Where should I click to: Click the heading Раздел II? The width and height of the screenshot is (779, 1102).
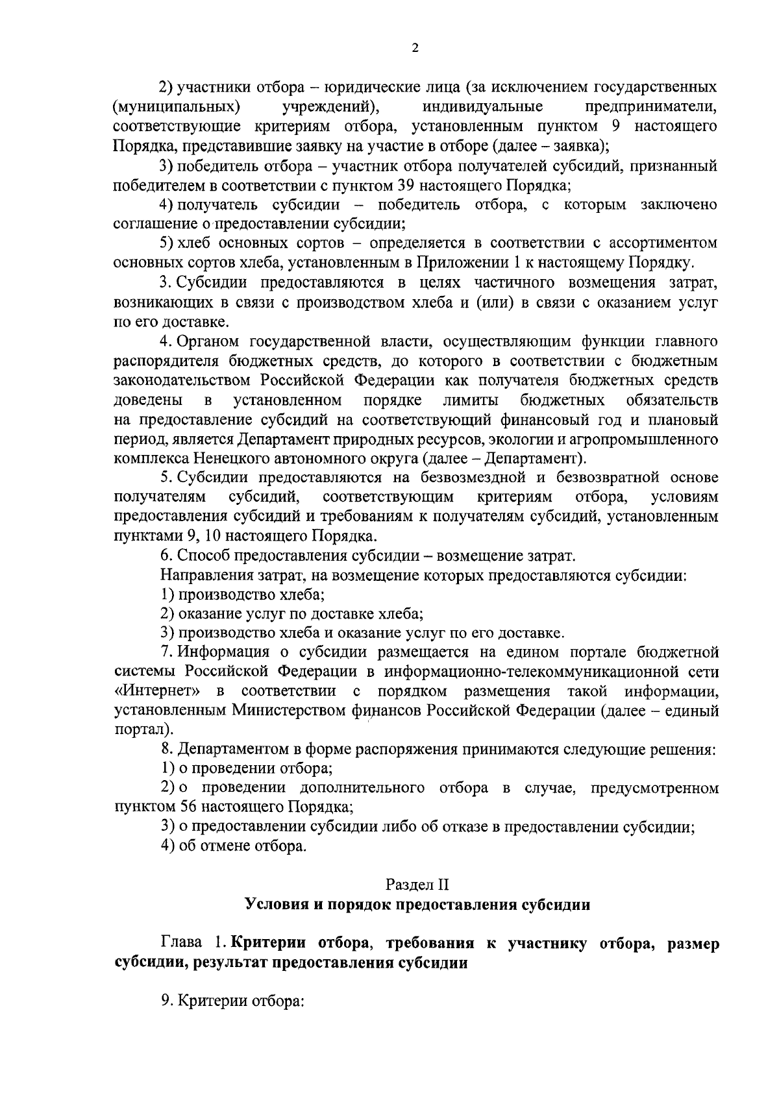[417, 884]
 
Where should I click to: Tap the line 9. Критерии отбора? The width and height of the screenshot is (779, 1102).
[232, 1001]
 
